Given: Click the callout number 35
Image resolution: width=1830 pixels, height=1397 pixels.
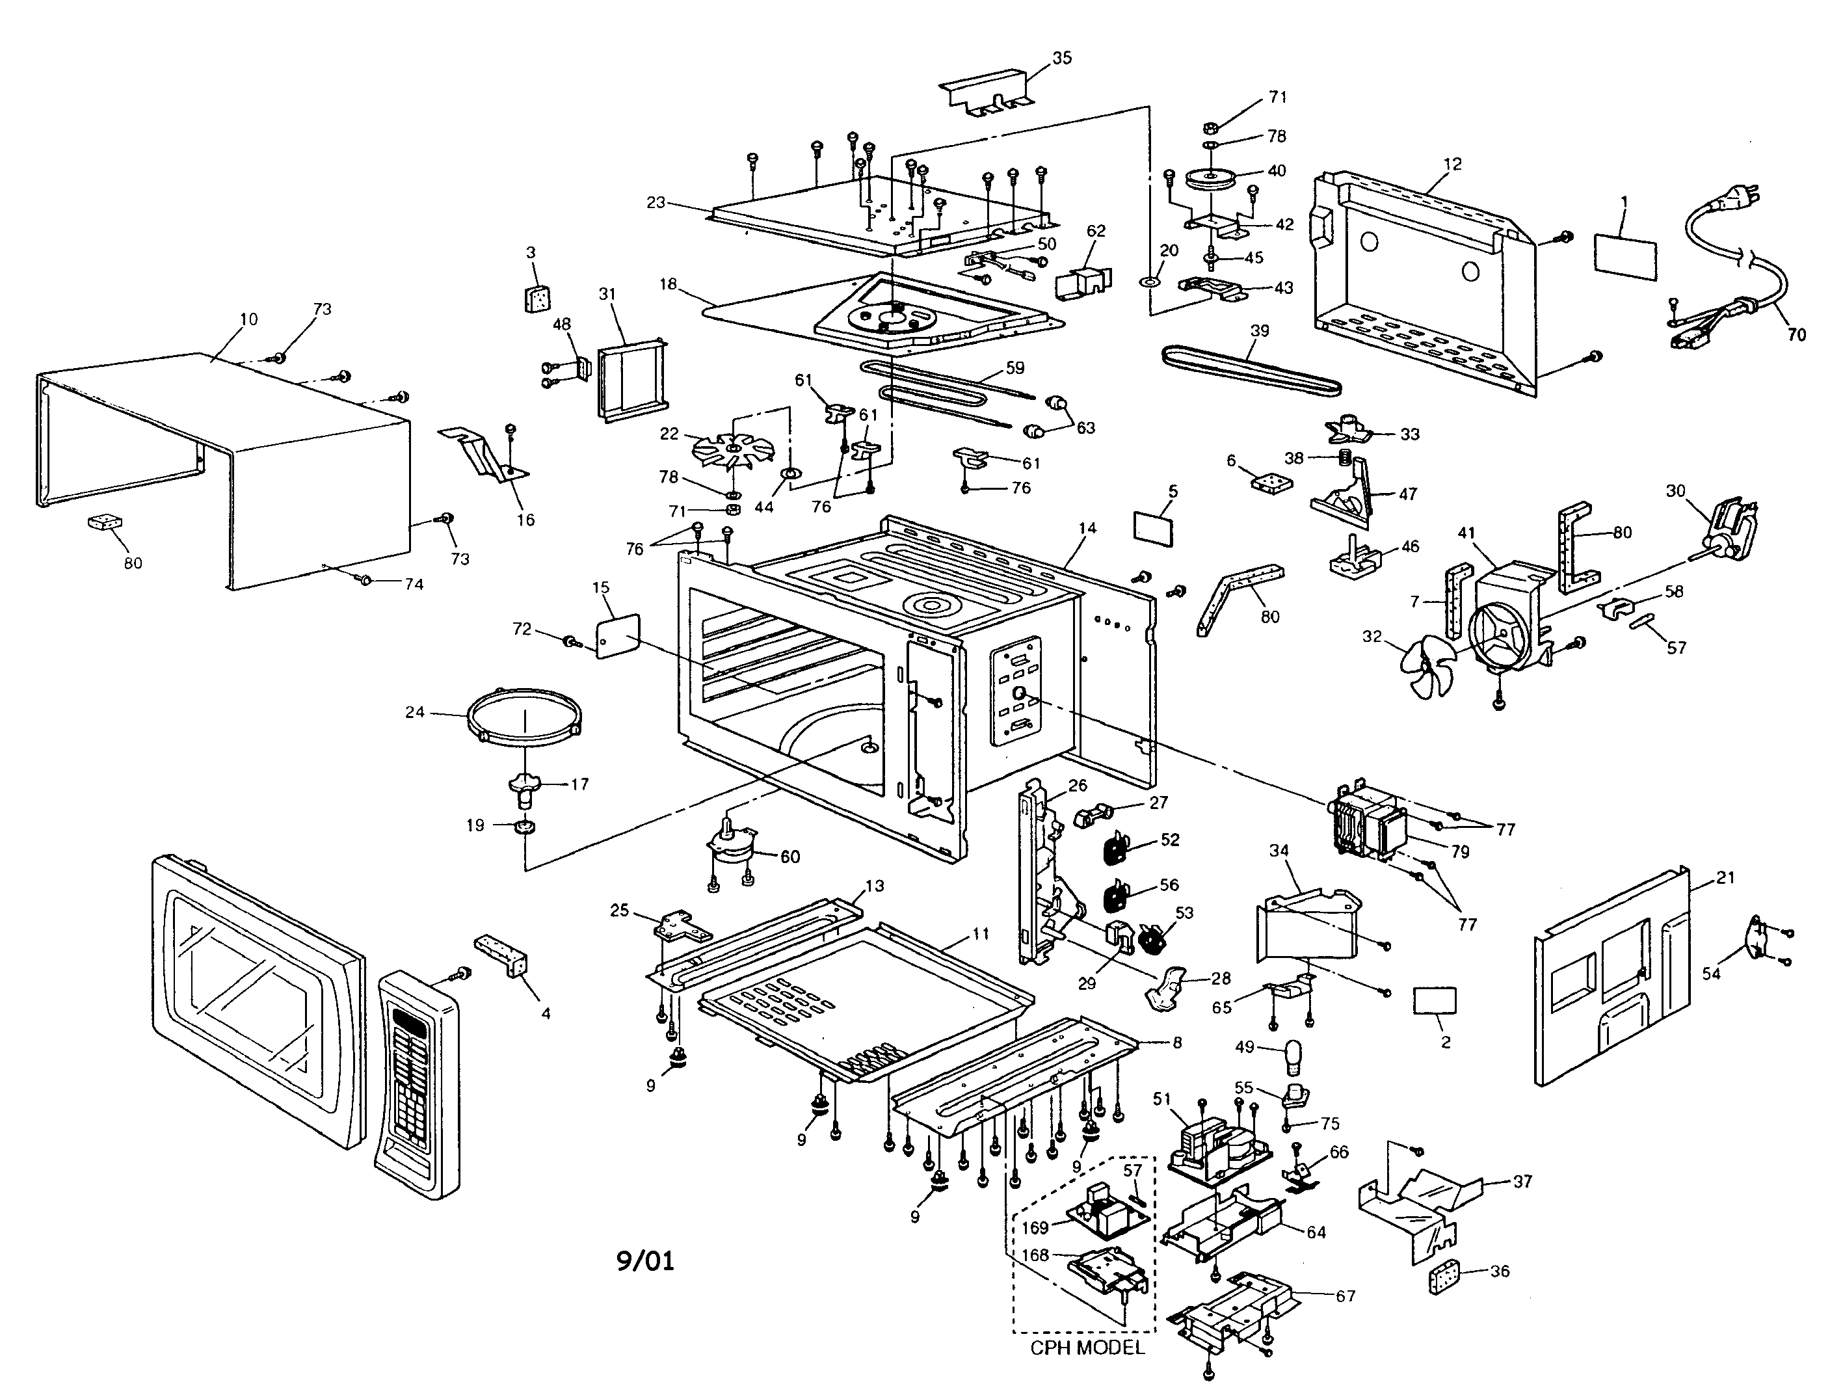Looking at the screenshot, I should click(1062, 59).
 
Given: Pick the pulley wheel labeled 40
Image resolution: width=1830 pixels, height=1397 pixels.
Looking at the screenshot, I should click(1209, 180).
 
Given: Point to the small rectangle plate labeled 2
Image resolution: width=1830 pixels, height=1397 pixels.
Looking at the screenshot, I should click(1435, 1000).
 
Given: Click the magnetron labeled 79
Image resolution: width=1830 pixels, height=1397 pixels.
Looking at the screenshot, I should click(1368, 823).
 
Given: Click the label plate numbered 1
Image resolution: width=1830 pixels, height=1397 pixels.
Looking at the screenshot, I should click(1625, 257).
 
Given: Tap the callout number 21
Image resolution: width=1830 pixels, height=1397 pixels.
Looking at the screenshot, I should click(1725, 877).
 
